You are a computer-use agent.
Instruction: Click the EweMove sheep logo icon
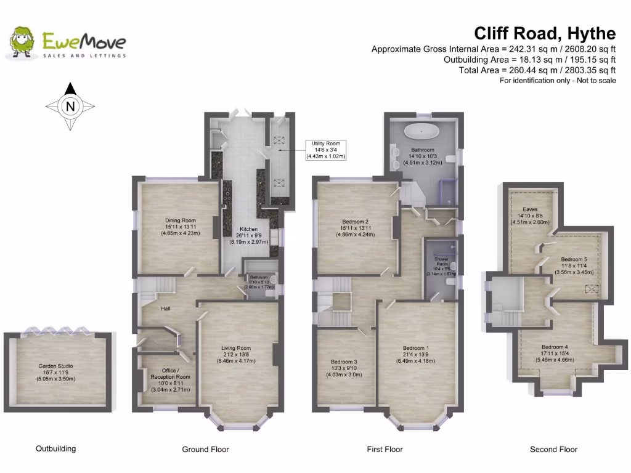[x=22, y=42]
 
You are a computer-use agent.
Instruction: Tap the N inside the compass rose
[x=71, y=107]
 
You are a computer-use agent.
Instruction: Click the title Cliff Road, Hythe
[x=544, y=33]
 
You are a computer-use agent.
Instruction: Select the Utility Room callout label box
[x=326, y=150]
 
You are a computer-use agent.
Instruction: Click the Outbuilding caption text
[x=56, y=448]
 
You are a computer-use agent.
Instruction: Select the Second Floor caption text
[x=553, y=450]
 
